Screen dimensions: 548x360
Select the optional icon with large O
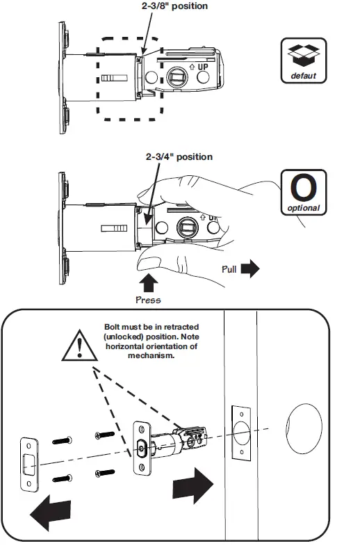coord(302,191)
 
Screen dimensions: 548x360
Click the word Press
coord(148,300)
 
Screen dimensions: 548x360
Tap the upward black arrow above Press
coord(148,283)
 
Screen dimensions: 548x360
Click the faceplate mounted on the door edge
coord(239,431)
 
